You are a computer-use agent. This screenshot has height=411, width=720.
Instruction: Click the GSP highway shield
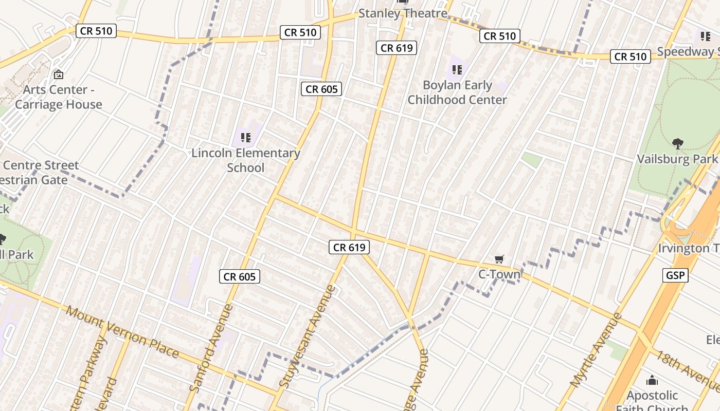click(675, 275)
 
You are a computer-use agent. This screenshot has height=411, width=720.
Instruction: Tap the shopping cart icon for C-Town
click(499, 259)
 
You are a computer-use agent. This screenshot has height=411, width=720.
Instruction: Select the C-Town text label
click(499, 274)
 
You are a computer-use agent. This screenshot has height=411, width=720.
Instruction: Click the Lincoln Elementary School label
click(246, 160)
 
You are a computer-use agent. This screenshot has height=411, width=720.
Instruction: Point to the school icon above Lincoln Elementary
click(246, 137)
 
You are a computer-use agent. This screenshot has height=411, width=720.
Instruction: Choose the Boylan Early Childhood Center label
click(457, 92)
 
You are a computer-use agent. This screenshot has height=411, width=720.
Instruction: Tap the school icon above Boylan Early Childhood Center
click(457, 69)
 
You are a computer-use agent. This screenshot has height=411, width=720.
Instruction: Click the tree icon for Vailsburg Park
click(678, 144)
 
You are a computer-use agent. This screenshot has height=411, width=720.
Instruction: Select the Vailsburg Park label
click(677, 159)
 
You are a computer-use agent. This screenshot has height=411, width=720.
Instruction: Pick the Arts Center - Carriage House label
click(59, 97)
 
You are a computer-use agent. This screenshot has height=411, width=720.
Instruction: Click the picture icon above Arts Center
click(59, 74)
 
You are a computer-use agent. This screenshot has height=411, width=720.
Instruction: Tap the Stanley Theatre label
click(403, 13)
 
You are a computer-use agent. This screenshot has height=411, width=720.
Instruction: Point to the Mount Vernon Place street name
click(122, 332)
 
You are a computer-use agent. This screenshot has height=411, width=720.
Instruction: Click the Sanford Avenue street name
click(211, 348)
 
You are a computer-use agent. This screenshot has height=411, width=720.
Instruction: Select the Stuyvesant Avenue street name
click(308, 337)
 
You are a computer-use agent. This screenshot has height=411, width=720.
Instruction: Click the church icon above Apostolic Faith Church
click(652, 380)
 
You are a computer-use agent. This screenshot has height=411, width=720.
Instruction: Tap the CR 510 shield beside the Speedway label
click(631, 57)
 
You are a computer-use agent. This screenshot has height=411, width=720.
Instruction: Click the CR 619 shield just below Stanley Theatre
click(395, 48)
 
